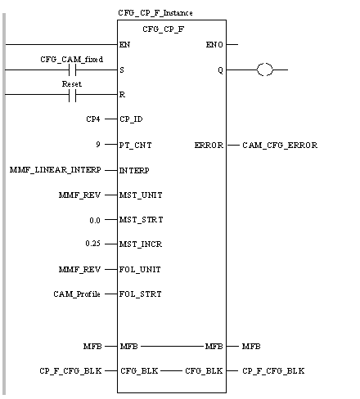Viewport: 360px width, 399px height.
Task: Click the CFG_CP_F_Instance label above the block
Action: click(155, 13)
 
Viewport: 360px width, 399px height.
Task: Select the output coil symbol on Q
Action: click(264, 69)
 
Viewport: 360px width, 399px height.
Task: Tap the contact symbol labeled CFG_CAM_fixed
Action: click(72, 70)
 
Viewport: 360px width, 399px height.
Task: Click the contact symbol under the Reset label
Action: click(72, 95)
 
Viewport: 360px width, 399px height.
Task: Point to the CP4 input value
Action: click(93, 119)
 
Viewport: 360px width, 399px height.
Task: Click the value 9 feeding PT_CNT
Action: click(98, 144)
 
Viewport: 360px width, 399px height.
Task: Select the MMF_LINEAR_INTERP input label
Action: click(56, 170)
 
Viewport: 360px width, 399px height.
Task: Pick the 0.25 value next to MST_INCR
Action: click(92, 243)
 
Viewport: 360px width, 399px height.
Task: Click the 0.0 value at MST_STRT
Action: click(95, 220)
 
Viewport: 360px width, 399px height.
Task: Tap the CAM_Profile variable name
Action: click(77, 294)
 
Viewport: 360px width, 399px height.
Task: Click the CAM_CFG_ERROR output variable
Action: click(280, 146)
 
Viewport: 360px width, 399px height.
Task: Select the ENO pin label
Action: click(214, 44)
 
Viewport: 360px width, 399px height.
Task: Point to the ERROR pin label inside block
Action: click(209, 146)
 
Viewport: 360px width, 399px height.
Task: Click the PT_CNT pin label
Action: click(135, 146)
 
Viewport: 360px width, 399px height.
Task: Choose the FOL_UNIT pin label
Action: click(140, 270)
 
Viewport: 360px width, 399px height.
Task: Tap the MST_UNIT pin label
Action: click(141, 195)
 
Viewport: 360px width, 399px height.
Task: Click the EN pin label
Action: click(124, 44)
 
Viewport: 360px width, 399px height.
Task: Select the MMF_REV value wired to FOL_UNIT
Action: click(79, 270)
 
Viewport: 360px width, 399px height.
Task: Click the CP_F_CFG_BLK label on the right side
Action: click(273, 371)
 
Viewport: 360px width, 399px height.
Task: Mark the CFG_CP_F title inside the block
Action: click(164, 29)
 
